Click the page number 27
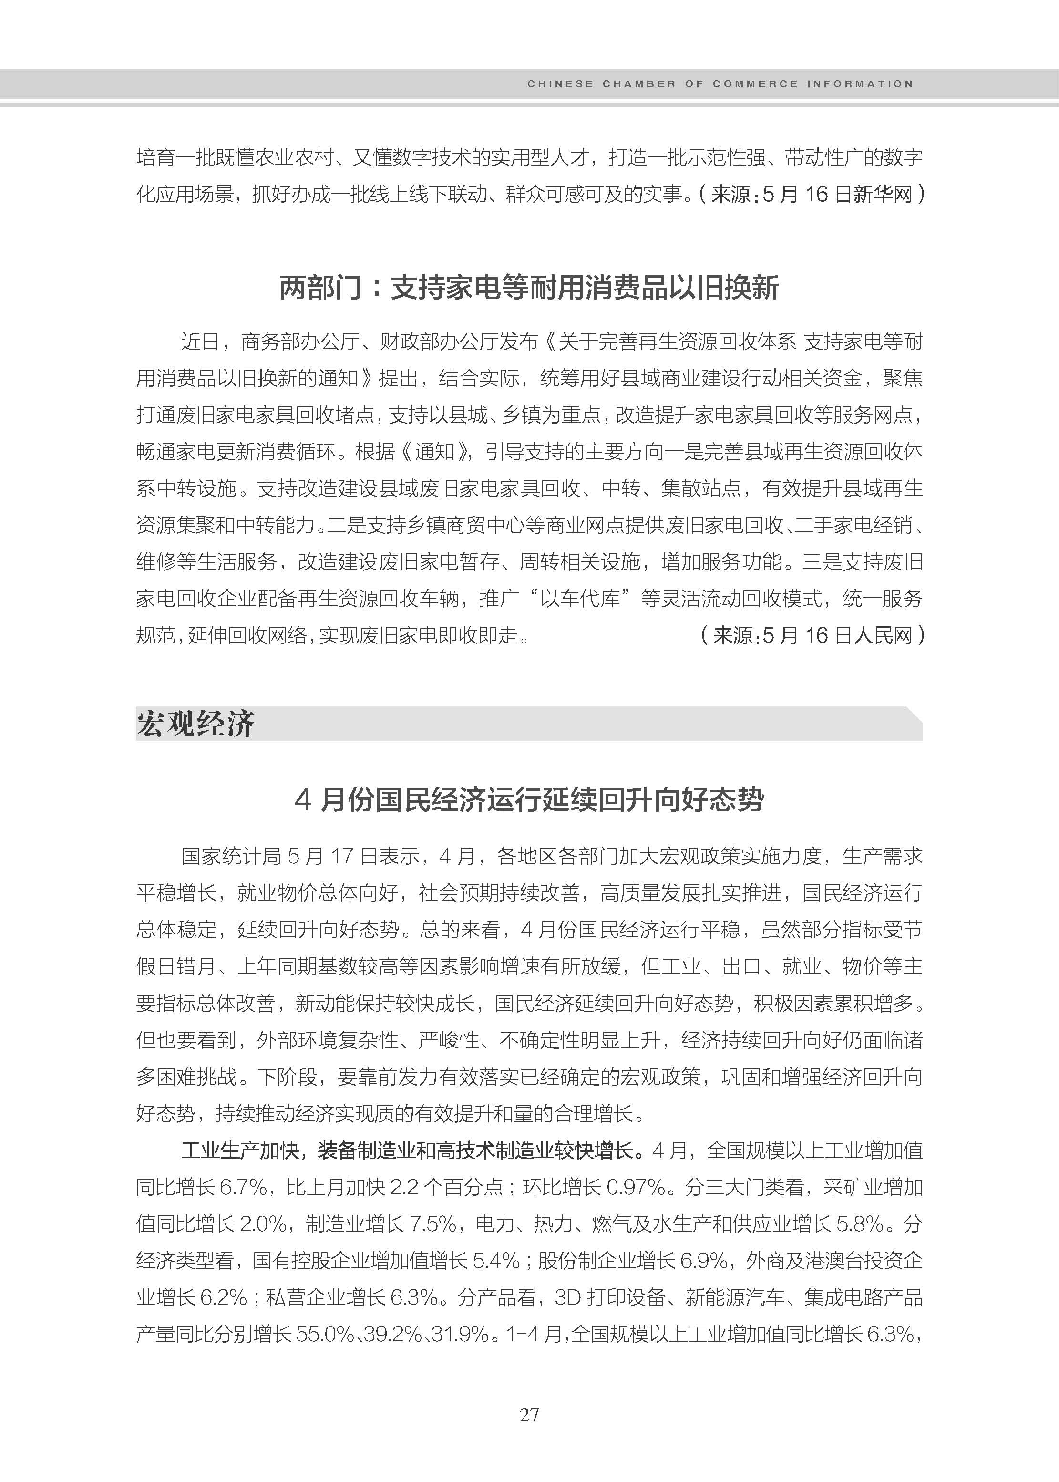[x=529, y=1414]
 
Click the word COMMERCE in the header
[x=755, y=84]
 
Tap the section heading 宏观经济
[x=195, y=724]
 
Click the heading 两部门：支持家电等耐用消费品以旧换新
[x=529, y=288]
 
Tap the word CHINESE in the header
[x=560, y=84]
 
